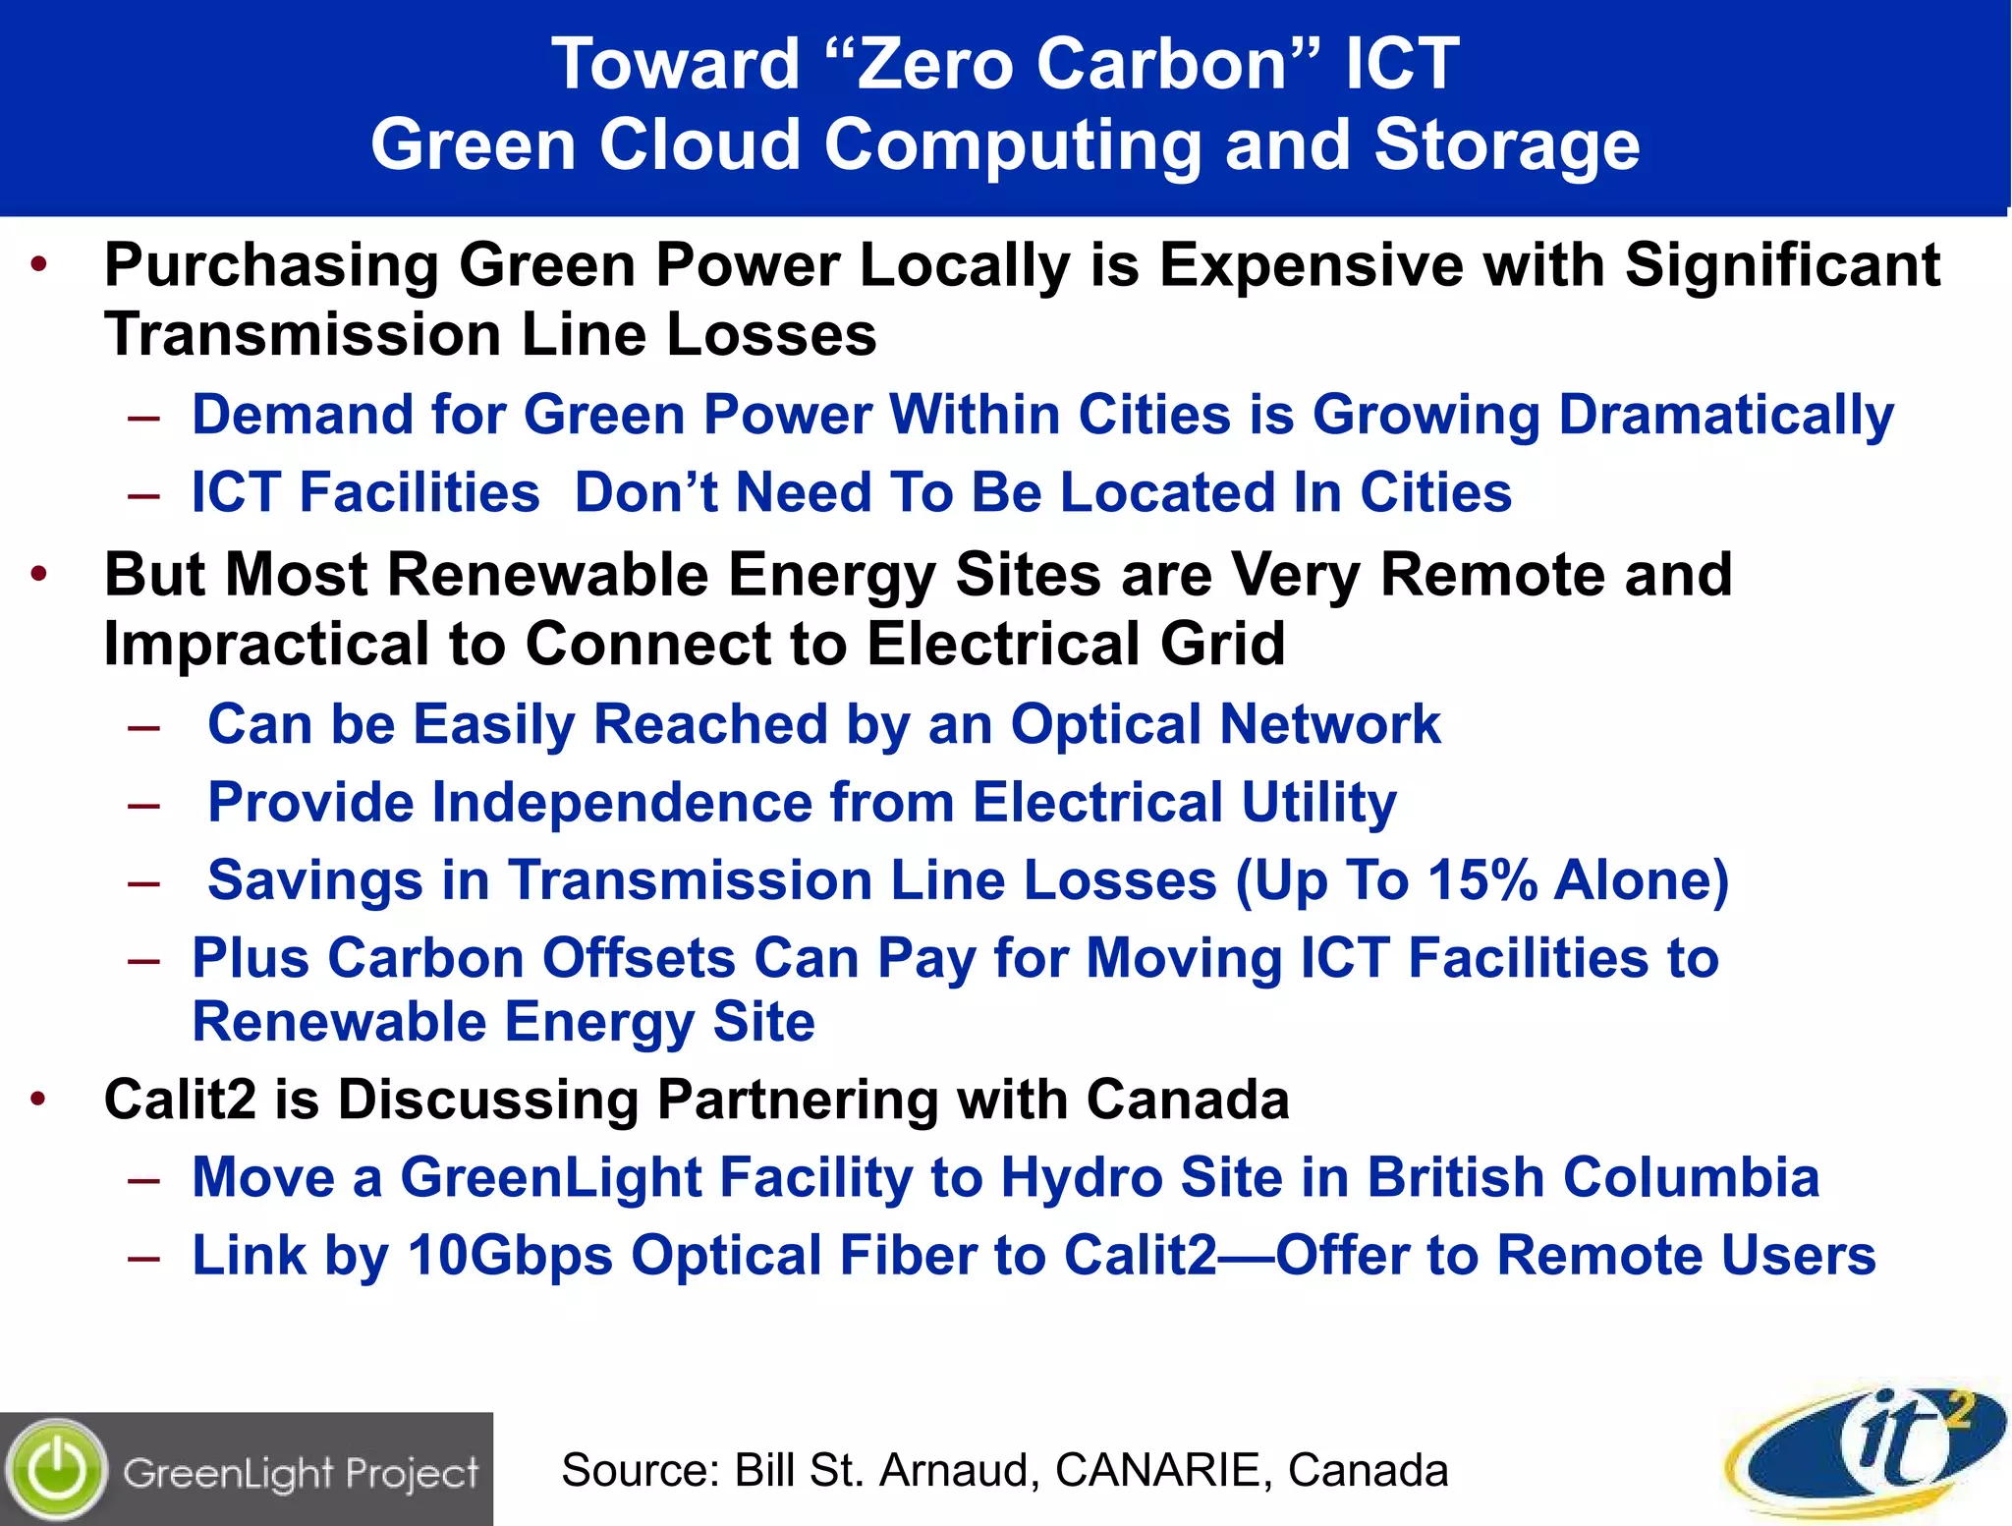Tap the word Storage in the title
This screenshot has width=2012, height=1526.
pos(1507,144)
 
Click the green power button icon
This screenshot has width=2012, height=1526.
pos(58,1470)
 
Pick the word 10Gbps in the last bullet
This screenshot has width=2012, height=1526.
pos(510,1256)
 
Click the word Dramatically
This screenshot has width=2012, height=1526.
pos(1726,415)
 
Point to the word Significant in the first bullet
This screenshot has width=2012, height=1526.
pos(1782,265)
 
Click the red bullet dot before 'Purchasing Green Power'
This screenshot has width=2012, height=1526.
pos(39,264)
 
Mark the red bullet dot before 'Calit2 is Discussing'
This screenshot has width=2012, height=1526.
pos(39,1099)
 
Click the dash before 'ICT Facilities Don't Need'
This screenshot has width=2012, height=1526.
pos(144,494)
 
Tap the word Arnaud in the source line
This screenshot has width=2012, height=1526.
pos(954,1470)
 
